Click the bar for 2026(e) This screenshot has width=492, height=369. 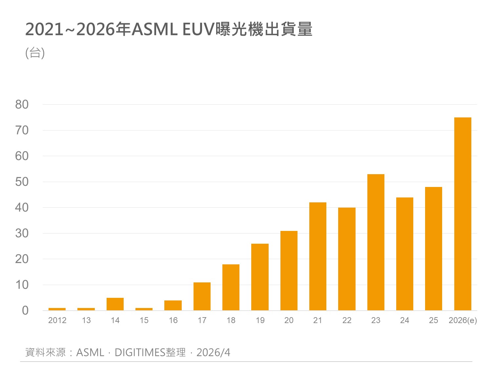pos(462,214)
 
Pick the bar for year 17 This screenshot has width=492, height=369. pos(202,296)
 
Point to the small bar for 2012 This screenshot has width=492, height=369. pos(57,309)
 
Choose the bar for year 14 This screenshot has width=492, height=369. pos(115,304)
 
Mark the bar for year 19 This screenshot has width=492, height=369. pos(260,277)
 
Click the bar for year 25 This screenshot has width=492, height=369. pos(433,249)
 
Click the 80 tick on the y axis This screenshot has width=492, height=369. pos(22,105)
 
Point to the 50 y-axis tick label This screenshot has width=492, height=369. pos(22,182)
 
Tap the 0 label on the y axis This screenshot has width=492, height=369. pos(25,310)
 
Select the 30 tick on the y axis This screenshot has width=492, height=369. pos(22,233)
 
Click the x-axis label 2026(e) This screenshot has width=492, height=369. pos(462,320)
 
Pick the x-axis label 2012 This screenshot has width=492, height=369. pos(57,320)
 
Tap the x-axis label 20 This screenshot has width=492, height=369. pos(289,320)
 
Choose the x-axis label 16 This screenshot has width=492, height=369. pos(173,320)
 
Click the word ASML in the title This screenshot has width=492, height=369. pos(154,30)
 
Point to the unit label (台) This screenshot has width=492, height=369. pos(35,52)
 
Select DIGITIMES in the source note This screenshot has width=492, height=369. pos(140,352)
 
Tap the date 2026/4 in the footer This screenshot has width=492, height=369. pos(213,352)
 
